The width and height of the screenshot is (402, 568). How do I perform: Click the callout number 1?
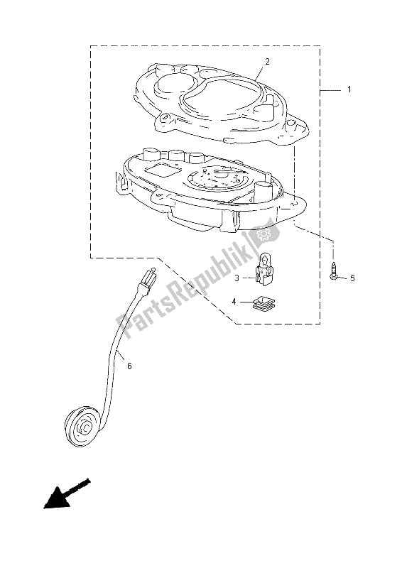coord(349,89)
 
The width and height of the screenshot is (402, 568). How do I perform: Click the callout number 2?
coord(267,62)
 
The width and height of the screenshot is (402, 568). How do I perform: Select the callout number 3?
coord(237,278)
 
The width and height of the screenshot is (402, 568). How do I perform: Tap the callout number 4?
coord(234,301)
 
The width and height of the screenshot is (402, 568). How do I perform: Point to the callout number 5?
coord(352,278)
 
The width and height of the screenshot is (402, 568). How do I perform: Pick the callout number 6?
coord(129,366)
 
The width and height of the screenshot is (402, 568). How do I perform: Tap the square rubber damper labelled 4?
coord(263,303)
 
